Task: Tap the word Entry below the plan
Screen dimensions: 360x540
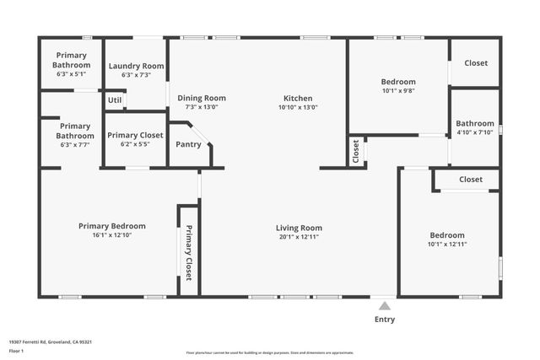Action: click(x=384, y=320)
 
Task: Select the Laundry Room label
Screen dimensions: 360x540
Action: click(x=136, y=66)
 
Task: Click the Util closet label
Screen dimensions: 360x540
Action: click(x=115, y=100)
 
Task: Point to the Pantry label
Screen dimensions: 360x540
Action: click(x=188, y=144)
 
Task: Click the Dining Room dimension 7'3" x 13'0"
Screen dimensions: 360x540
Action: click(x=202, y=107)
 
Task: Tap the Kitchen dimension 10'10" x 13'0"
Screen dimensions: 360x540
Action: click(x=298, y=107)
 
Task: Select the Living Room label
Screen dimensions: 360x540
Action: click(x=300, y=228)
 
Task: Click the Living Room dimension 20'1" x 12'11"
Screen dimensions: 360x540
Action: click(x=300, y=237)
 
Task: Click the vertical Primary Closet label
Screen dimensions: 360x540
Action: click(x=188, y=253)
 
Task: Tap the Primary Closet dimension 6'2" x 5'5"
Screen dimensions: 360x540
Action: click(x=135, y=144)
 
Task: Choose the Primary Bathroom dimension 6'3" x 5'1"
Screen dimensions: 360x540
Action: click(x=71, y=73)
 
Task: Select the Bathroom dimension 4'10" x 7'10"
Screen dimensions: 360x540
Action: click(x=475, y=132)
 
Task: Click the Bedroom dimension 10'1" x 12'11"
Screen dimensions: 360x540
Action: click(x=447, y=244)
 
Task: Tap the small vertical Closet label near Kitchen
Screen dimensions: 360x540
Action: click(x=355, y=152)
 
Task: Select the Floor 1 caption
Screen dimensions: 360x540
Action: click(x=16, y=350)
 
